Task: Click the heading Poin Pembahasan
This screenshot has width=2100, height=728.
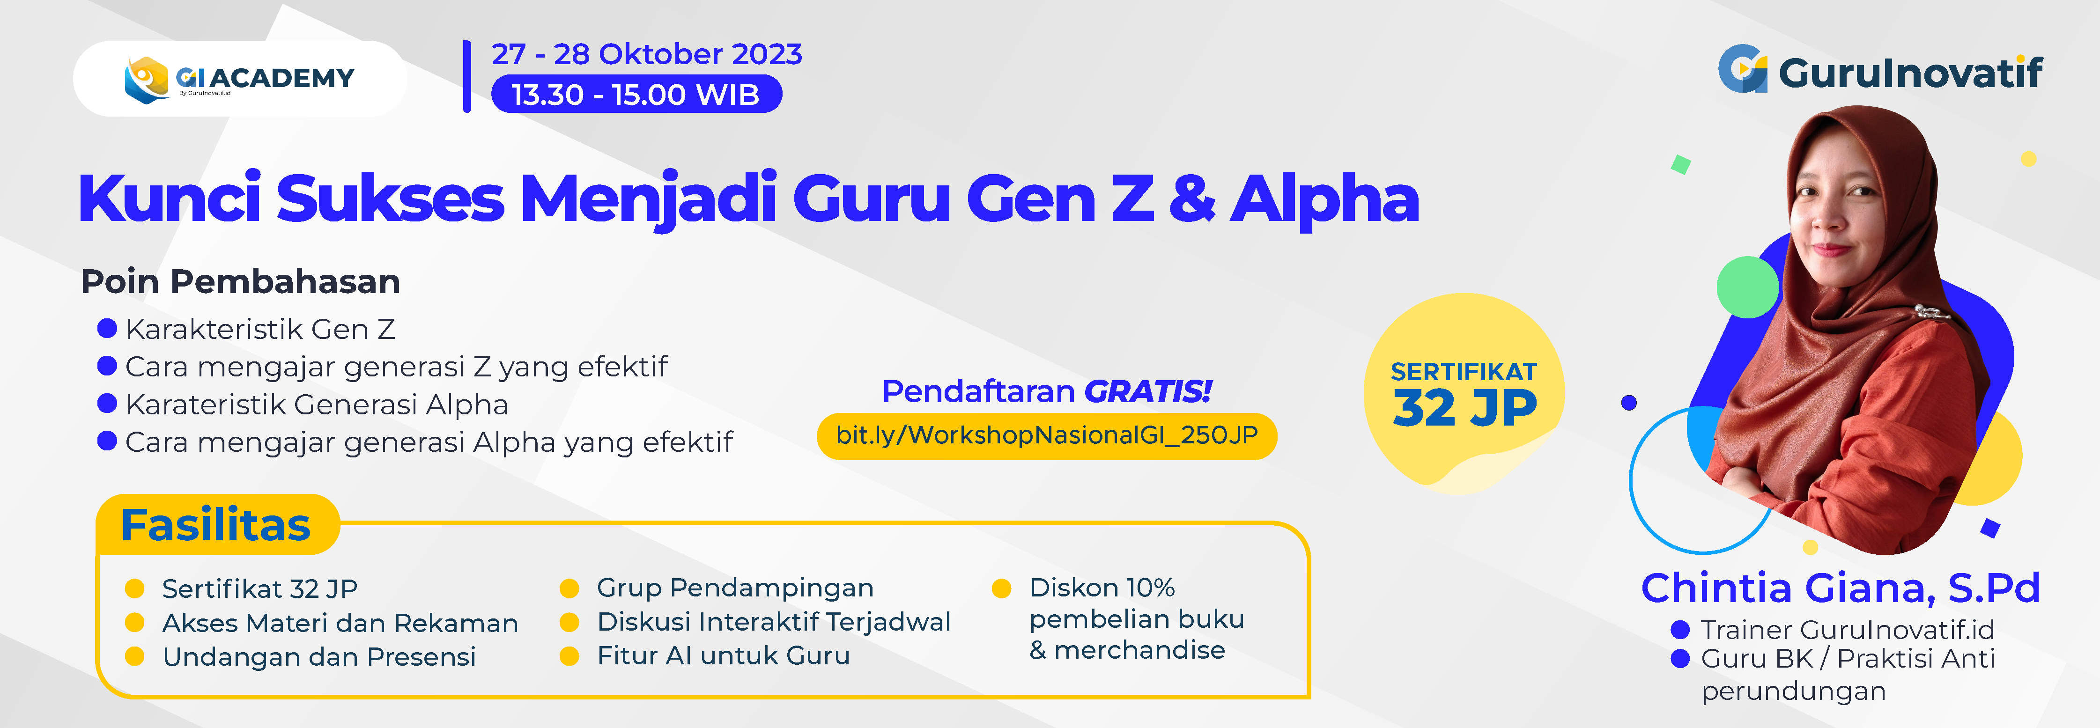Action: pos(241,281)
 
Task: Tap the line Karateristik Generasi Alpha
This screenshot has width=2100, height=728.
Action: pos(317,404)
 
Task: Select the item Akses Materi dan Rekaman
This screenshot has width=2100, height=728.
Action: pos(340,623)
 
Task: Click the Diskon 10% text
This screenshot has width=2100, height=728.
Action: pos(1102,587)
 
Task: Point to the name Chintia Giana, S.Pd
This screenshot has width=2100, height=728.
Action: pos(1841,588)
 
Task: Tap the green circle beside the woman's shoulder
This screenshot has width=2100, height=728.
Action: pos(1747,287)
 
